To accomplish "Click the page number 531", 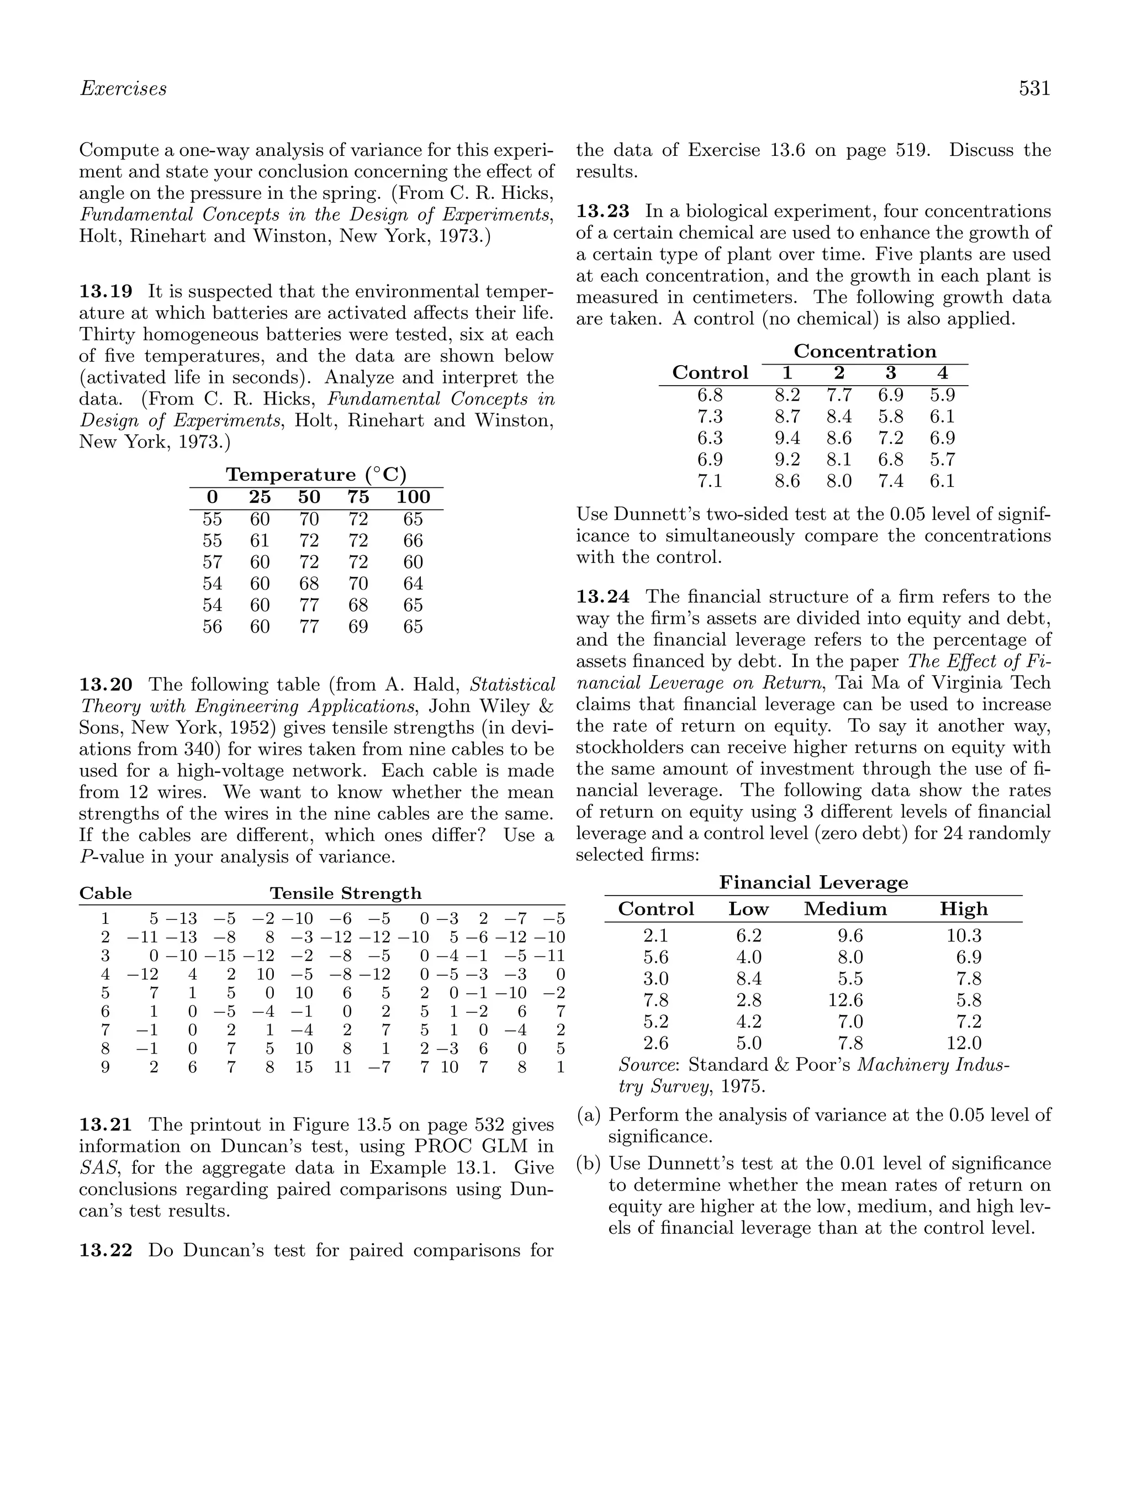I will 1034,88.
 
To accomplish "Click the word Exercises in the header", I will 123,88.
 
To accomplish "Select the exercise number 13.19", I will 106,291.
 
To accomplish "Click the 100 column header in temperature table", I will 413,497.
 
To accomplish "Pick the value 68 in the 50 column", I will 309,583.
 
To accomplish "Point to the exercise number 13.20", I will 106,685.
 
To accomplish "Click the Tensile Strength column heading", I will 345,893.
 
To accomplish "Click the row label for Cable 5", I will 105,993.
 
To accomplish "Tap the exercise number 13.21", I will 106,1125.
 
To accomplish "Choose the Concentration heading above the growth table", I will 865,351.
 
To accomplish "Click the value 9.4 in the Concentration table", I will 786,438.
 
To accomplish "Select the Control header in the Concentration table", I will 710,373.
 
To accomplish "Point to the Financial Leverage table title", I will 813,883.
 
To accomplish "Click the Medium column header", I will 844,909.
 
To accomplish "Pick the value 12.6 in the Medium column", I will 845,1001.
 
